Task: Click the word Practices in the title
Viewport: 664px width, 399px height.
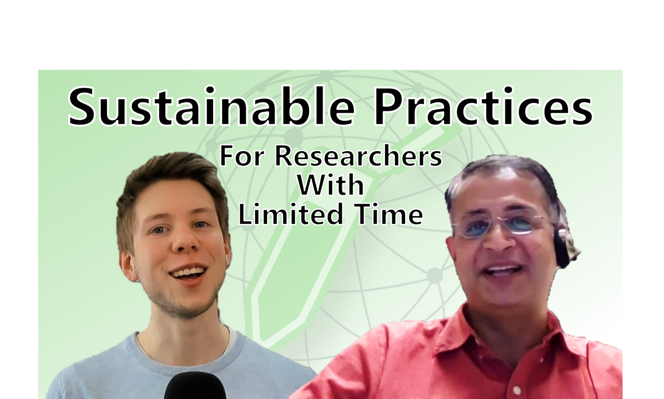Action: (x=482, y=108)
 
